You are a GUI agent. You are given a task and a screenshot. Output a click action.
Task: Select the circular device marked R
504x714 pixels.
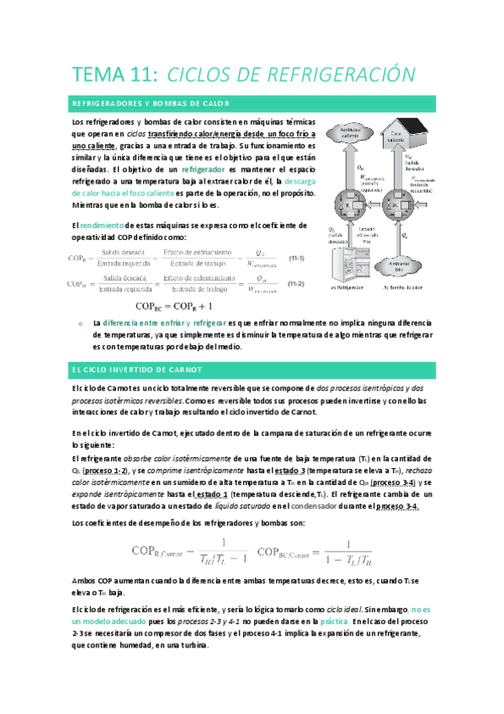click(x=346, y=207)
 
